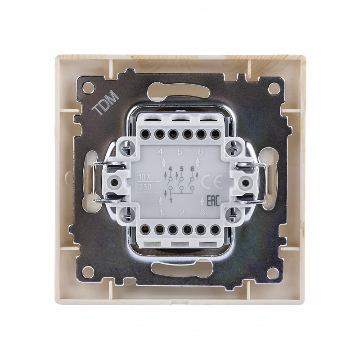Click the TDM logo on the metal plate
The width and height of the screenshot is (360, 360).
click(x=105, y=102)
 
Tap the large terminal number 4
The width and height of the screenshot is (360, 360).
click(x=161, y=152)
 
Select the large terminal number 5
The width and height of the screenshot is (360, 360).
click(x=180, y=152)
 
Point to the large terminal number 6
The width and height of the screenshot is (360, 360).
click(x=200, y=152)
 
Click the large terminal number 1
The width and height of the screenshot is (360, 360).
click(x=161, y=213)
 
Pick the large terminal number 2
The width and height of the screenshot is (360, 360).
click(x=182, y=212)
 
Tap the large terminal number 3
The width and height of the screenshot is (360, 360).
click(x=202, y=212)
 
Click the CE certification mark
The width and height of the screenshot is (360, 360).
click(x=211, y=182)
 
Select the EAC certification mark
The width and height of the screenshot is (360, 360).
click(x=213, y=201)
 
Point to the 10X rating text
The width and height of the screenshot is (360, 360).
click(x=144, y=177)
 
